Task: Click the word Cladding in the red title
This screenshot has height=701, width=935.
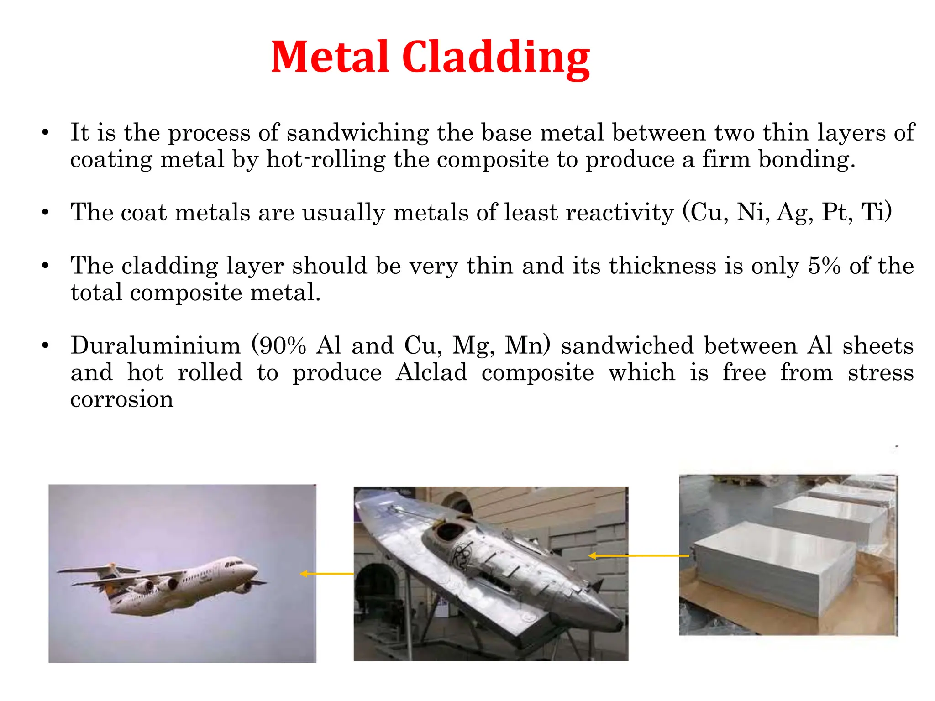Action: tap(496, 57)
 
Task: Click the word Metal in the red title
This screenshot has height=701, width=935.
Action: tap(330, 57)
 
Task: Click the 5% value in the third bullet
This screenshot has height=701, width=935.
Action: tap(824, 266)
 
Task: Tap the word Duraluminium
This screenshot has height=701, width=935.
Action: tap(155, 345)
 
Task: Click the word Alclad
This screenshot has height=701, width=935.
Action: tap(431, 372)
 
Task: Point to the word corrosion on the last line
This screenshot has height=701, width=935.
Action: tap(122, 399)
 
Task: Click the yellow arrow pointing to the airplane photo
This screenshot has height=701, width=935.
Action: tap(326, 574)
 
